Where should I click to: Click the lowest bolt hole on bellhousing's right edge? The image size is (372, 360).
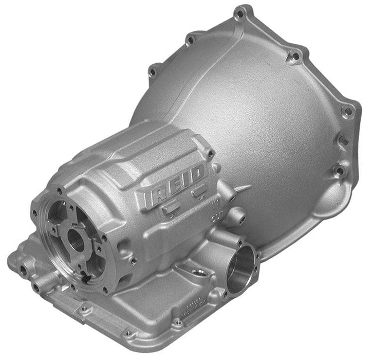pyautogui.click(x=338, y=171)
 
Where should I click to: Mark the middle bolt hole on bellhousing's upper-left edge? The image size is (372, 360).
pyautogui.click(x=190, y=39)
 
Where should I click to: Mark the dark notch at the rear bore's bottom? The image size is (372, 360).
pyautogui.click(x=87, y=278)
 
